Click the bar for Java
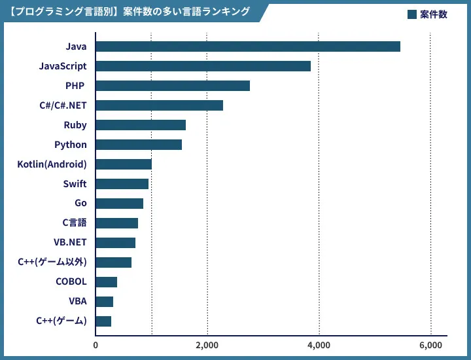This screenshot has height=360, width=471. (248, 46)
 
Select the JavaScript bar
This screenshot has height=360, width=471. (203, 66)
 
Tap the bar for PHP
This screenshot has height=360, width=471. (173, 86)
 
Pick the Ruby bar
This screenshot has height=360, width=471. (141, 125)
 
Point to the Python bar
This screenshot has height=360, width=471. (139, 145)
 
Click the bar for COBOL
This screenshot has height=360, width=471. (107, 282)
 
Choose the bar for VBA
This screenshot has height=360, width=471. (105, 302)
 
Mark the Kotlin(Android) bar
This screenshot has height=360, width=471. (124, 164)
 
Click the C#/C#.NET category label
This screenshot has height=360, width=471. (63, 105)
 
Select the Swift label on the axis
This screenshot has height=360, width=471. (75, 184)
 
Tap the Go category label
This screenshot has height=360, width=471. (80, 204)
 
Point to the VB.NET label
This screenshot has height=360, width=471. (70, 243)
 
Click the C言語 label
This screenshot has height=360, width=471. (74, 223)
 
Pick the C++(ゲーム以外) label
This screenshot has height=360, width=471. (52, 262)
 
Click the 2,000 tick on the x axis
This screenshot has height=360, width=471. (207, 345)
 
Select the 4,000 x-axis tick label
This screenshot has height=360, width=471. (319, 345)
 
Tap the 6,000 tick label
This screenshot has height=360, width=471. (430, 345)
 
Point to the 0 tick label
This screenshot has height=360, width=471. (96, 345)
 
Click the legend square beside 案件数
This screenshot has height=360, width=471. (411, 14)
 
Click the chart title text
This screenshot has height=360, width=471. (131, 12)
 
